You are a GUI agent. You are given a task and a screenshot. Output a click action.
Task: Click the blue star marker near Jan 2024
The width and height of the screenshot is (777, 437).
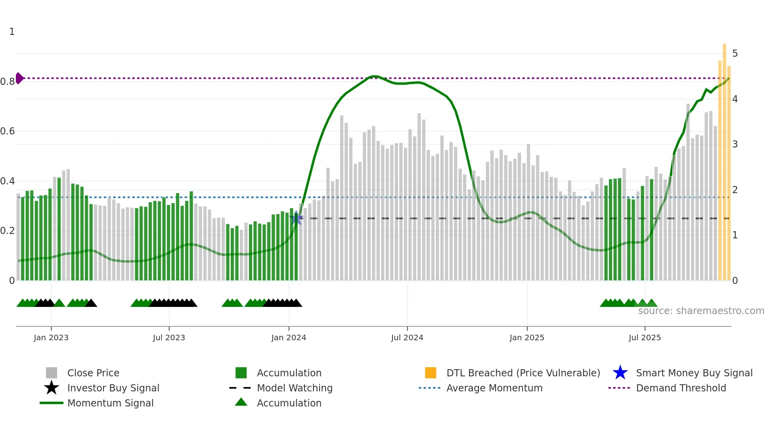tap(296, 218)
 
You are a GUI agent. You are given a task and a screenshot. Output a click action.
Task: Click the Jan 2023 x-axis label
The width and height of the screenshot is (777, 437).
tap(51, 337)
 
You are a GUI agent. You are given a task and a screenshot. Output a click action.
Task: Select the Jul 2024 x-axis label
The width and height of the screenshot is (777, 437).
tap(407, 337)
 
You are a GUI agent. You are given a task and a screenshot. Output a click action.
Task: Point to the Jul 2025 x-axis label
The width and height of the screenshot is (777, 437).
tap(645, 337)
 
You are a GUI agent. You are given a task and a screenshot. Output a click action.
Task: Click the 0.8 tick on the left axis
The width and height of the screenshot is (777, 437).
tap(8, 82)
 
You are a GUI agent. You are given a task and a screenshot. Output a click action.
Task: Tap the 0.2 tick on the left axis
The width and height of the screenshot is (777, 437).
tap(8, 231)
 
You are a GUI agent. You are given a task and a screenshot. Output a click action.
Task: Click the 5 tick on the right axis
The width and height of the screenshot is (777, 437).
tap(735, 54)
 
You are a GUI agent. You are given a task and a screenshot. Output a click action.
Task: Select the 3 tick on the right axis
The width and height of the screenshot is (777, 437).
tap(735, 144)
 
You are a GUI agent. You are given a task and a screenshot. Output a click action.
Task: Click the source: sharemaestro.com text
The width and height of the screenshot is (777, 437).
tap(701, 311)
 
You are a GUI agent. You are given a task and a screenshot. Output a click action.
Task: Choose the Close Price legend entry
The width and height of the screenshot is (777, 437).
tap(93, 373)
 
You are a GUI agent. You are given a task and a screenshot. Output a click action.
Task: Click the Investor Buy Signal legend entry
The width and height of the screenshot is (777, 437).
tap(113, 388)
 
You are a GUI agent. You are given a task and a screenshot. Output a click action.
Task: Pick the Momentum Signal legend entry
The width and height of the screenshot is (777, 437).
tap(110, 403)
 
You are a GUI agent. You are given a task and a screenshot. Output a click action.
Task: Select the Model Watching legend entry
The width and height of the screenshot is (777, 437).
tap(295, 388)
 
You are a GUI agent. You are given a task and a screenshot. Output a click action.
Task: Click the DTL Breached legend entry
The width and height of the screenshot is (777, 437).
tap(523, 373)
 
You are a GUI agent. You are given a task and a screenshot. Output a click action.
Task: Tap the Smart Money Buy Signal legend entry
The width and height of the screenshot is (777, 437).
tap(694, 373)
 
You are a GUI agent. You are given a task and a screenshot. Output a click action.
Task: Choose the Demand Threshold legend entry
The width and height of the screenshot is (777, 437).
tap(681, 388)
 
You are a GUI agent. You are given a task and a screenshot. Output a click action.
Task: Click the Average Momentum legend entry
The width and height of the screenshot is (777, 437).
tap(494, 388)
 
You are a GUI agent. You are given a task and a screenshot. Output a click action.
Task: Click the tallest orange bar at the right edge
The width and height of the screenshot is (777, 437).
tap(724, 159)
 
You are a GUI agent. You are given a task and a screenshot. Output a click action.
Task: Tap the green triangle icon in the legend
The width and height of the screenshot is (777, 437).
tap(241, 402)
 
